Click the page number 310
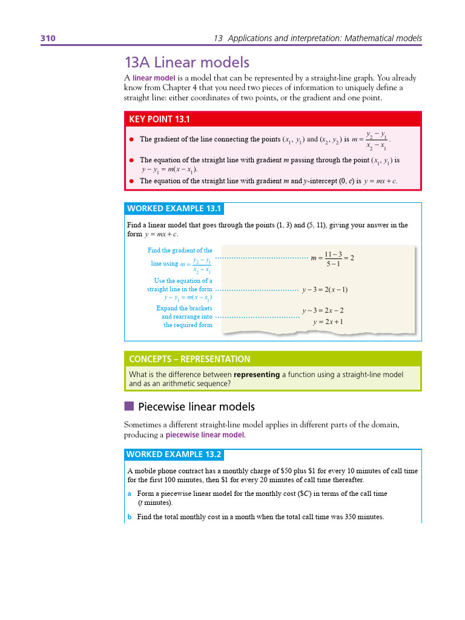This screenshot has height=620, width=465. click(48, 38)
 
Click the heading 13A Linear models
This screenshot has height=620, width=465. click(186, 62)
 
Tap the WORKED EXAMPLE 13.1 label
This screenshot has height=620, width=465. click(174, 209)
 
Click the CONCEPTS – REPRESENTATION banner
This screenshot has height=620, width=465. click(190, 359)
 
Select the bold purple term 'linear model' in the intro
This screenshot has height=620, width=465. click(154, 78)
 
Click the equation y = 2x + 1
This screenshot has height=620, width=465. click(328, 322)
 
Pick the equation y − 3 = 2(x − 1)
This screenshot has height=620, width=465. click(325, 289)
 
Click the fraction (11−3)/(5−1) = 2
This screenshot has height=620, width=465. click(332, 259)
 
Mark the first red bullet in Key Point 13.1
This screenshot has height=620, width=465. click(131, 139)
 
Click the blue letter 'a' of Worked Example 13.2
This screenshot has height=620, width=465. click(130, 493)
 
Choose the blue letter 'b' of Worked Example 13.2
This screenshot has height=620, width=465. click(130, 517)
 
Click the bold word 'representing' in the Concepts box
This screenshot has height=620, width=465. click(257, 375)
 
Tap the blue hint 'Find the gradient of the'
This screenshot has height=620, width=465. click(180, 250)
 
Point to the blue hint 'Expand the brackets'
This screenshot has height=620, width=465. click(184, 308)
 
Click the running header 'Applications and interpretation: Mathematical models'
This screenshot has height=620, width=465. click(323, 38)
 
